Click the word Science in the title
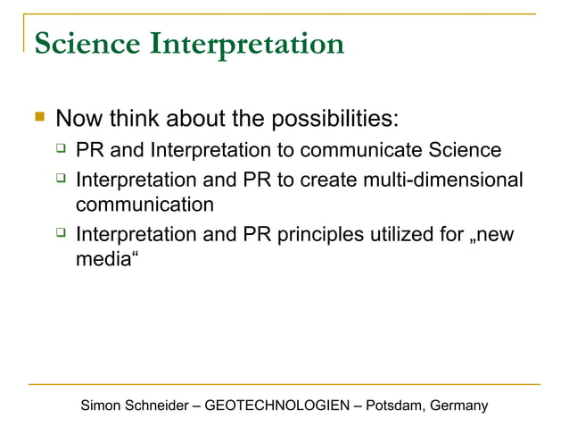tap(87, 43)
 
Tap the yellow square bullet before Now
tap(37, 117)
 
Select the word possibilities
tap(320, 119)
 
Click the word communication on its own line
tap(144, 205)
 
